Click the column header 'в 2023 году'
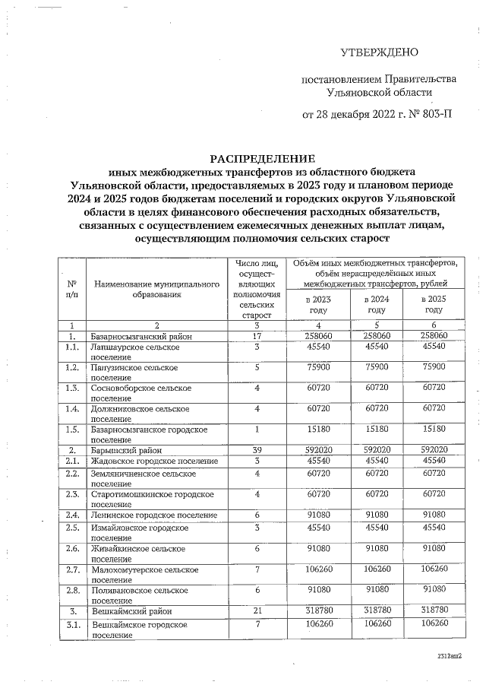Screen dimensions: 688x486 (x=318, y=304)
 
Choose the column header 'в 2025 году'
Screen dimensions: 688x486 (x=434, y=304)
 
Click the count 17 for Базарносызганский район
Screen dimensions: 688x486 (x=257, y=335)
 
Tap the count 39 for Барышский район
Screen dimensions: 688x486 (x=257, y=450)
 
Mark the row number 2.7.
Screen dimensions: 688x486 (x=72, y=569)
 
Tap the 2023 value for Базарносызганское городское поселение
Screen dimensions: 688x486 (x=318, y=430)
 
